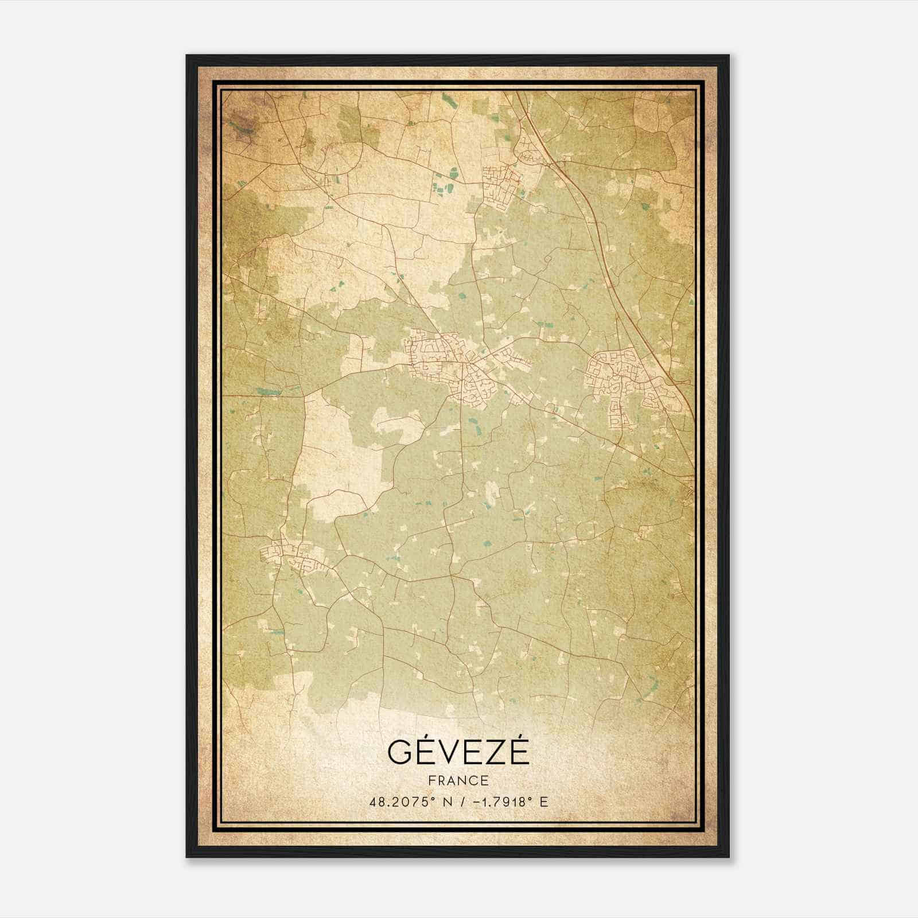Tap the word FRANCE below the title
[x=458, y=780]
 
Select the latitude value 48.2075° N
[x=407, y=802]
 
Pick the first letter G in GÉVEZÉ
[x=400, y=752]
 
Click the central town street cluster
[x=453, y=367]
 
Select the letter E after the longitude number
[x=543, y=802]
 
